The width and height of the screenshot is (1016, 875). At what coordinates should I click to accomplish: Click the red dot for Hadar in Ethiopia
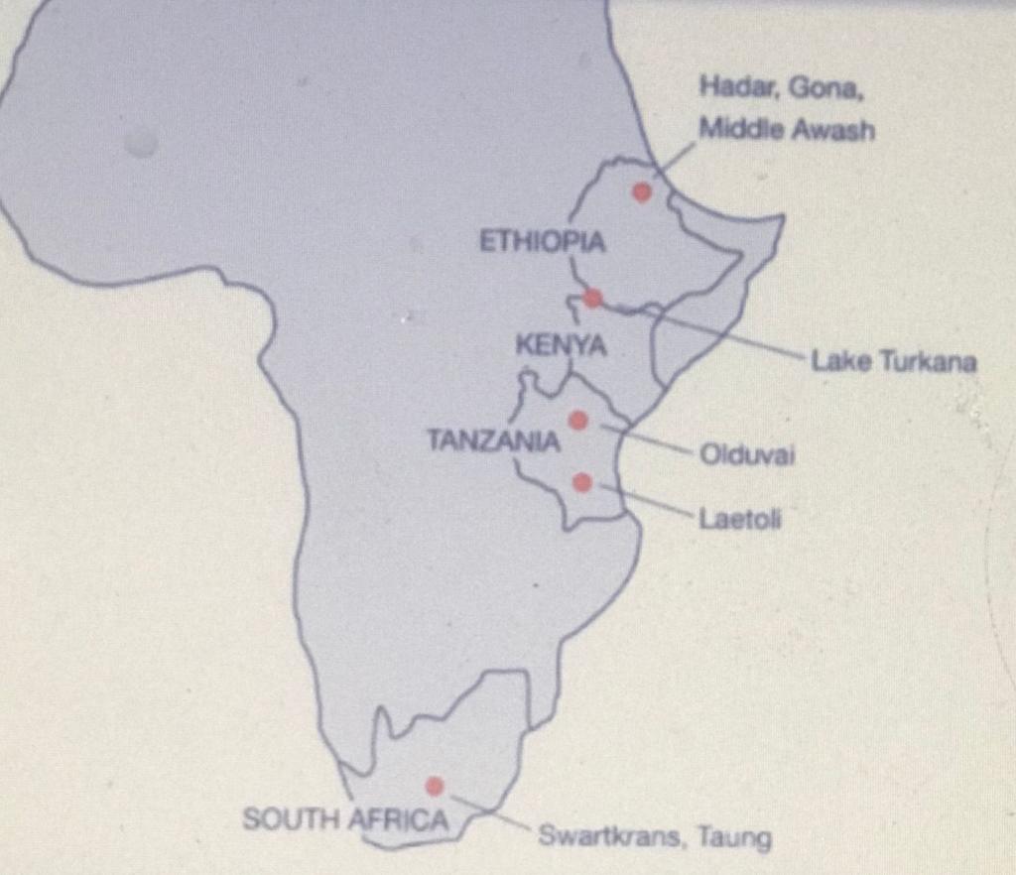pyautogui.click(x=642, y=191)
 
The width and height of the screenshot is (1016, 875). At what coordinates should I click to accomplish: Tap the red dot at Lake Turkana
pyautogui.click(x=592, y=298)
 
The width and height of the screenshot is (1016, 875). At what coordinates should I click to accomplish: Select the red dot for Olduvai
pyautogui.click(x=578, y=421)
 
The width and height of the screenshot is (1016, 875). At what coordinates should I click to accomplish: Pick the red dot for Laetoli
pyautogui.click(x=582, y=482)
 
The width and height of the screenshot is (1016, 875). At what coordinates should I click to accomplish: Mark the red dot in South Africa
pyautogui.click(x=434, y=786)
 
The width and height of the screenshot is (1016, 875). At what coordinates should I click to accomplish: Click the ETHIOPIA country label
pyautogui.click(x=542, y=242)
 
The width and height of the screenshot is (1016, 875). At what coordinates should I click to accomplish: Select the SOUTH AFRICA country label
pyautogui.click(x=345, y=819)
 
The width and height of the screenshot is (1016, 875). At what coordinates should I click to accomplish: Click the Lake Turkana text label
pyautogui.click(x=893, y=362)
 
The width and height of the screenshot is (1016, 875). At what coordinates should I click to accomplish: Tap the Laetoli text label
pyautogui.click(x=739, y=517)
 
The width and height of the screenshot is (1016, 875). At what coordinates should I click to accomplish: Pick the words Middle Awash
pyautogui.click(x=786, y=129)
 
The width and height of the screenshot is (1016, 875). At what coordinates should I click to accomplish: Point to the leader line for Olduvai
pyautogui.click(x=645, y=438)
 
